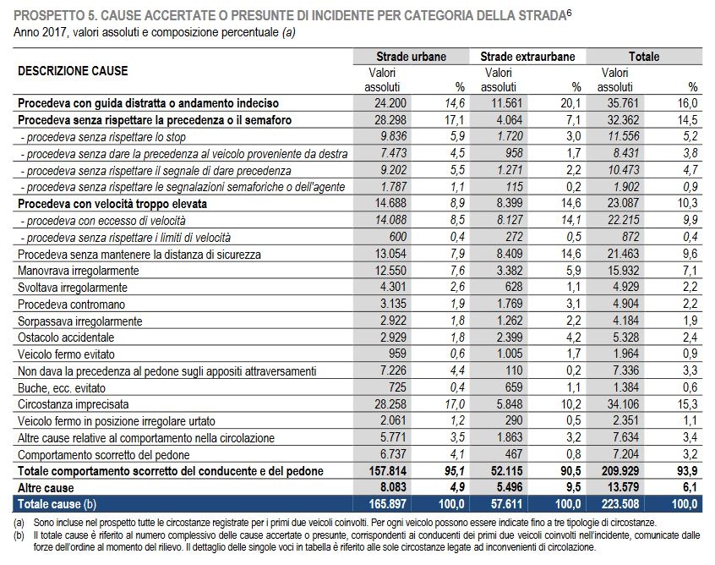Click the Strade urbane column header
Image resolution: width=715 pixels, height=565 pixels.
411,57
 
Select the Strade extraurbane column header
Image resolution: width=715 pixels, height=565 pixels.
527,57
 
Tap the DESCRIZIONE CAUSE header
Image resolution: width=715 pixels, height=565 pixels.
73,71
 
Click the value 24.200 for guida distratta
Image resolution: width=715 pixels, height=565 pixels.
390,103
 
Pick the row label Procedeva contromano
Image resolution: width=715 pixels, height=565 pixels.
71,304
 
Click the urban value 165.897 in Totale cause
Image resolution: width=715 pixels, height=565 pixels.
388,504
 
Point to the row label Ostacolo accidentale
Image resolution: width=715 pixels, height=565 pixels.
66,337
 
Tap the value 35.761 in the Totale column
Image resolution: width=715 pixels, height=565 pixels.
624,103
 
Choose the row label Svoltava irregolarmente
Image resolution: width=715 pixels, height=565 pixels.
73,288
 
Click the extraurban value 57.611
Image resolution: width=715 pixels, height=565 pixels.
506,504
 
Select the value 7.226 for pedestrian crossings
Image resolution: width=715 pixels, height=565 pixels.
393,370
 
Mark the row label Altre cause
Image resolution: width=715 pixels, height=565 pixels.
46,488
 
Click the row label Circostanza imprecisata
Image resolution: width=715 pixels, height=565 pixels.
74,404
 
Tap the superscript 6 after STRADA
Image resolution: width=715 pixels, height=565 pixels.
569,13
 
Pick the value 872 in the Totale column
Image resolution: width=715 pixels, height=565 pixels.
630,237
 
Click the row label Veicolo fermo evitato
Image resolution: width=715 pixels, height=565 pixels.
66,354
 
